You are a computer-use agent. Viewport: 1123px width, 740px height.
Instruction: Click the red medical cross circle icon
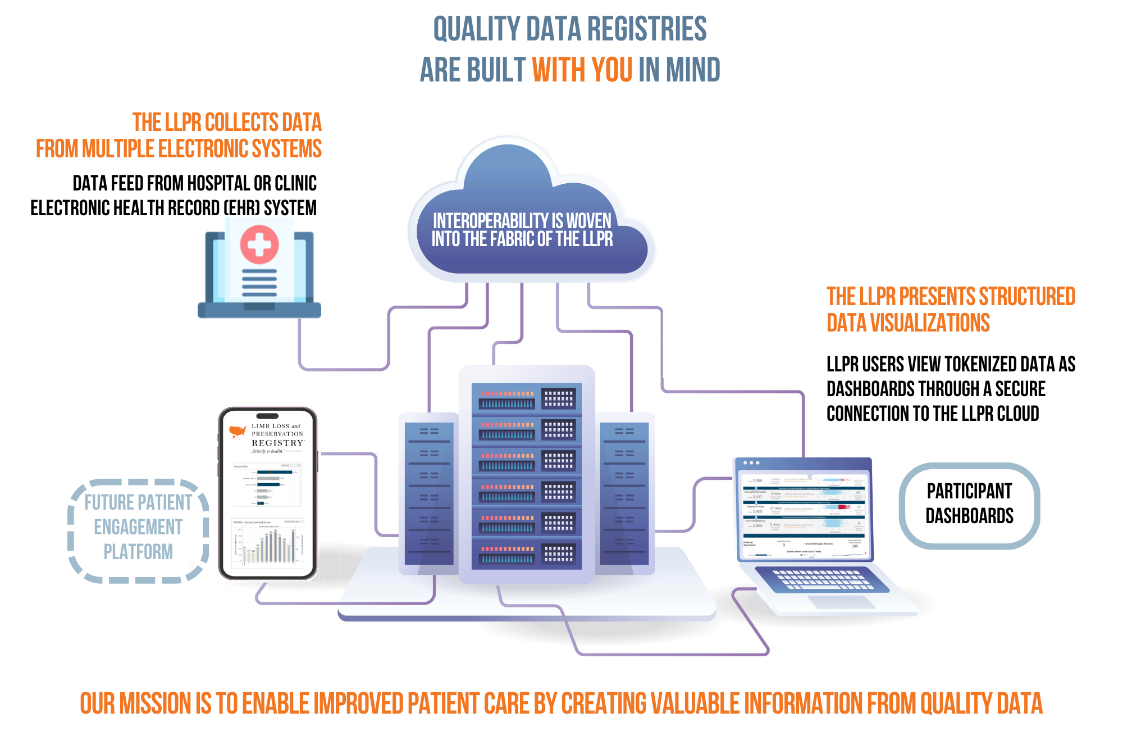click(259, 244)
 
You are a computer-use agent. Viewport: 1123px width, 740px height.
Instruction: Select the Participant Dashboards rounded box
click(969, 504)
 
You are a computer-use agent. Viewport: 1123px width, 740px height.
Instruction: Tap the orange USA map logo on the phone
click(238, 432)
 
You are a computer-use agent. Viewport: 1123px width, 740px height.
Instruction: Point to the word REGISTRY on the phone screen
click(277, 443)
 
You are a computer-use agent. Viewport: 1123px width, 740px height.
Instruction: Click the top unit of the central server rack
click(527, 398)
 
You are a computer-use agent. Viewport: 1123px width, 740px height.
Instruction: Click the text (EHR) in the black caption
click(243, 208)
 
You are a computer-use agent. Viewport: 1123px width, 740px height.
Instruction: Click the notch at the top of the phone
click(267, 416)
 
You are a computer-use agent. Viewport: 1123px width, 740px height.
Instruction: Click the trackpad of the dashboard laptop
click(841, 602)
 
